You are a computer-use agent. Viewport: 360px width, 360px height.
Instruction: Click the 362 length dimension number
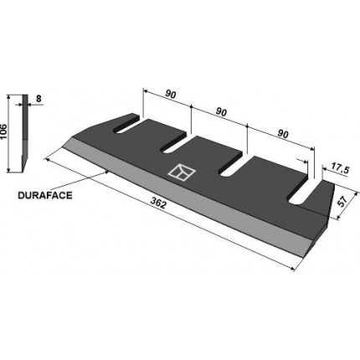click(x=158, y=203)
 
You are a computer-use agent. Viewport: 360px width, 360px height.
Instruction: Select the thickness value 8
click(x=39, y=99)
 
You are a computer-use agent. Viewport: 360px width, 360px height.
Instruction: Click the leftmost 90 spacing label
click(x=170, y=95)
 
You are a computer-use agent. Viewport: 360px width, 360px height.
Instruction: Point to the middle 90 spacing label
click(x=221, y=112)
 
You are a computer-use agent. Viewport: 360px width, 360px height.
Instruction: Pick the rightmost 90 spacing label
click(x=283, y=135)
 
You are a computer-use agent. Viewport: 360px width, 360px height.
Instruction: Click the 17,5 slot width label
click(x=340, y=170)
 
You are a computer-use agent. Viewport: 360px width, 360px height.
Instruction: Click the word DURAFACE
click(x=45, y=195)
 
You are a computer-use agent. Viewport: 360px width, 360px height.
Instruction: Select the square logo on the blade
click(x=182, y=172)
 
